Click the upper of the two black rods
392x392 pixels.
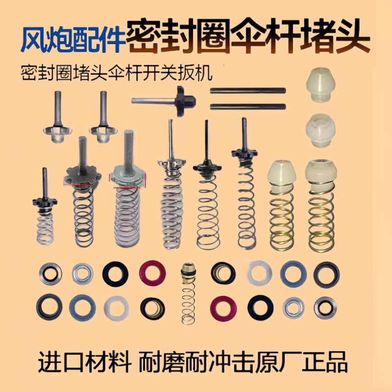pyautogui.click(x=247, y=90)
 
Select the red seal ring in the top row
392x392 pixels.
pyautogui.click(x=152, y=272)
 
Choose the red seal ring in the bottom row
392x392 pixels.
pyautogui.click(x=223, y=307)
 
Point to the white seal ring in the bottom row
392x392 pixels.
pyautogui.click(x=117, y=307)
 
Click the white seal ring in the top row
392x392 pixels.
pyautogui.click(x=259, y=272)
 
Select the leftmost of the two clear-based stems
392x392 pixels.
pyautogui.click(x=57, y=118)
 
